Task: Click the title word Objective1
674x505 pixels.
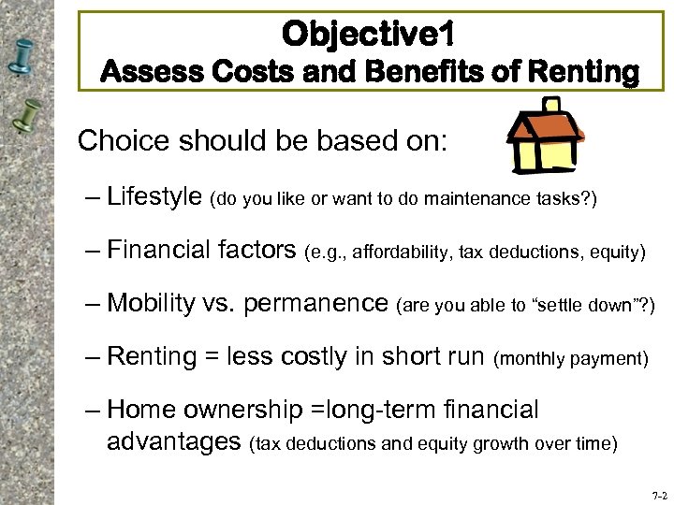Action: (x=369, y=35)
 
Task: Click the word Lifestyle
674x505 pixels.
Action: (x=154, y=196)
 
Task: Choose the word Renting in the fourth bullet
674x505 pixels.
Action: (x=152, y=356)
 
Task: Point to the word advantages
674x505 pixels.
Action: (x=174, y=440)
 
